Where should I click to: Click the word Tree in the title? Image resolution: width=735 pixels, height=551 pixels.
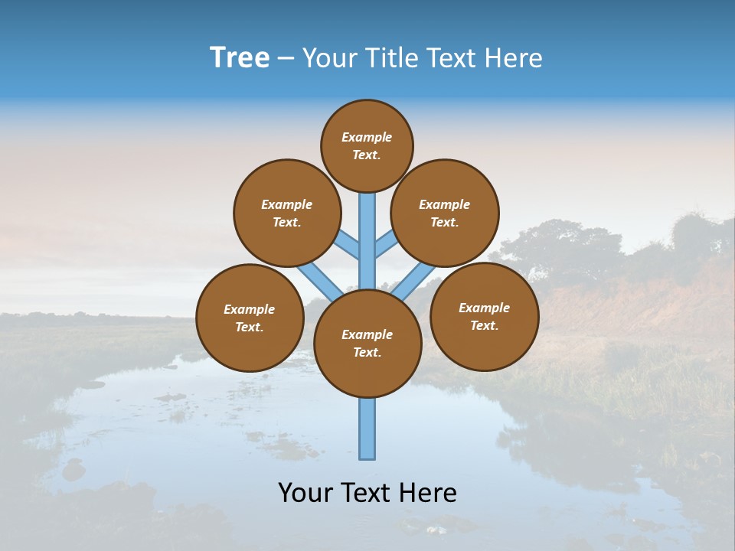240,58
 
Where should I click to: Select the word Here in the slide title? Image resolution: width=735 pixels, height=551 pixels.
514,58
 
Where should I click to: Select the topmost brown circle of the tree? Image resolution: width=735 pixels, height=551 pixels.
367,146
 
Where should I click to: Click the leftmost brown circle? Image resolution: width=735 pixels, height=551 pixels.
250,318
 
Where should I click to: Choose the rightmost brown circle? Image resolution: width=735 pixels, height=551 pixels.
484,316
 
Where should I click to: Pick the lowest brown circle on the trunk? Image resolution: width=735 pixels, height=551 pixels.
367,344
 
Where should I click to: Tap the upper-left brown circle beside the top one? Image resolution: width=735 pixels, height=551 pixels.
286,213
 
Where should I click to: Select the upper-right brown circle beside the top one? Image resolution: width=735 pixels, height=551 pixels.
445,213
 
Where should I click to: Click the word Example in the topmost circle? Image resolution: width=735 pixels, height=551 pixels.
367,138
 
